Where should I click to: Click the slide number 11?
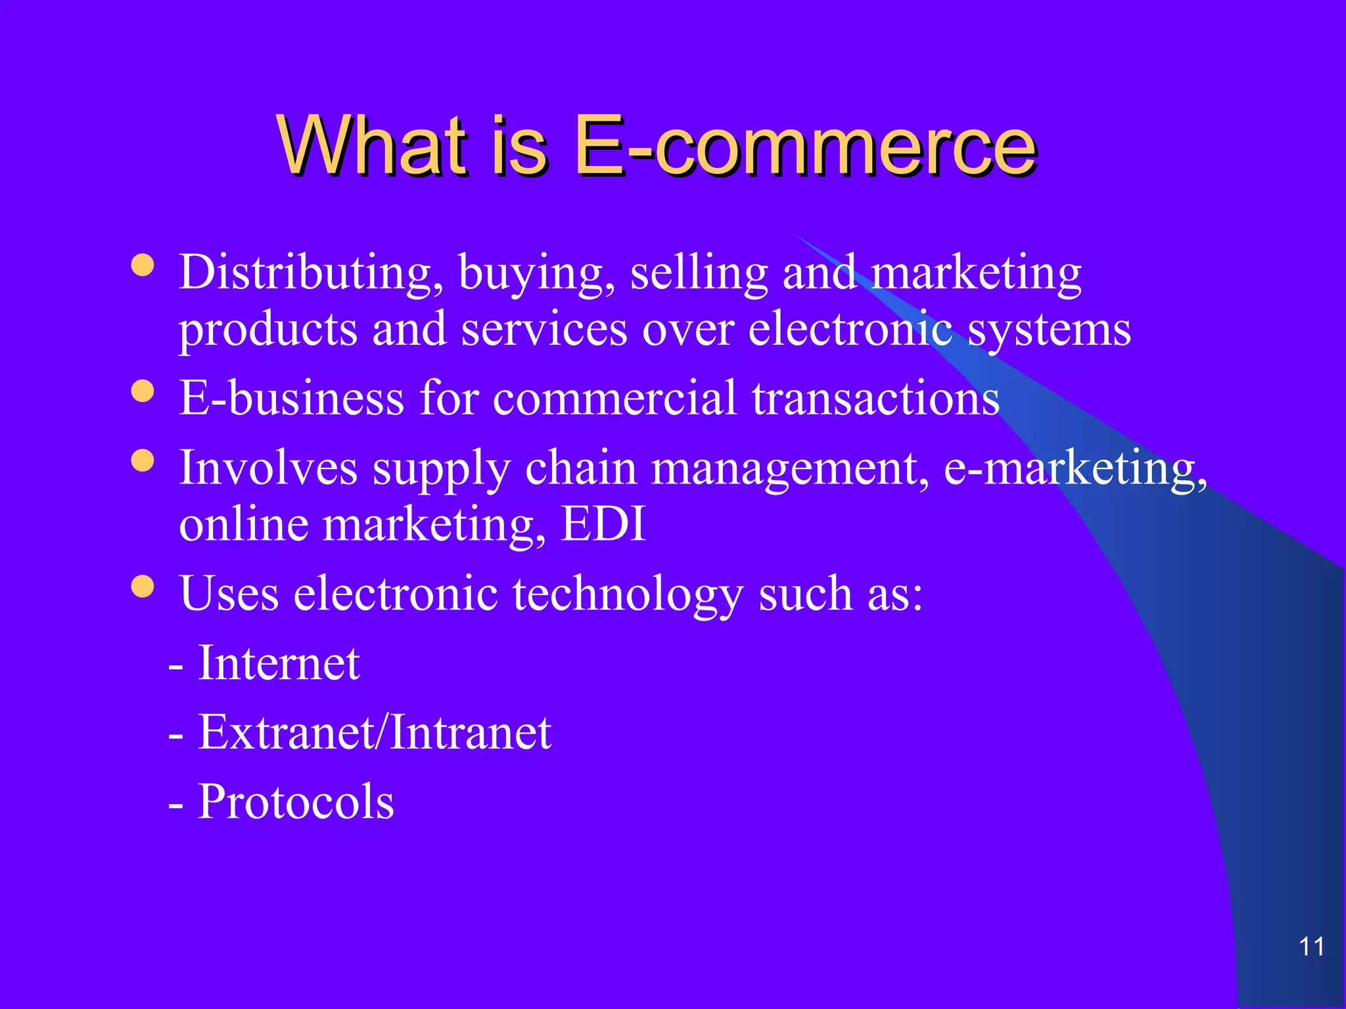(x=1311, y=947)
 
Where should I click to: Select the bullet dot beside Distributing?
(x=143, y=265)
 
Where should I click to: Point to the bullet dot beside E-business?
(x=143, y=392)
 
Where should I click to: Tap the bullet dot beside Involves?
(x=143, y=460)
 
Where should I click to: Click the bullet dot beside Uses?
(x=143, y=586)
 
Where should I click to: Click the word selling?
(x=699, y=273)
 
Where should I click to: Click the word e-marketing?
(x=1075, y=468)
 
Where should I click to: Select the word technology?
(x=628, y=594)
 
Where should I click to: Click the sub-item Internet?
(x=279, y=663)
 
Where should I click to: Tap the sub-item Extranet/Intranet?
(x=375, y=732)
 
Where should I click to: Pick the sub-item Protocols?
(x=296, y=802)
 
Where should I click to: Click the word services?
(x=544, y=330)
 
